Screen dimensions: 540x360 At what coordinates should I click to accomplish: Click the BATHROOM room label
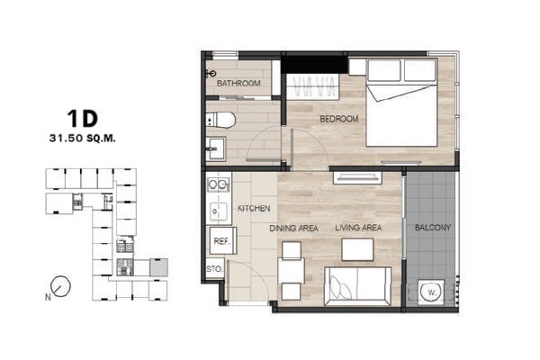point(238,83)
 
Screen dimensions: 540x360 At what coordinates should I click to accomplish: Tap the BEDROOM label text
point(339,119)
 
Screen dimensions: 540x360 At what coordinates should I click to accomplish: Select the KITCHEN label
point(254,209)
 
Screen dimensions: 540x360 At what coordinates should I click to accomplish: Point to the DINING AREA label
point(293,228)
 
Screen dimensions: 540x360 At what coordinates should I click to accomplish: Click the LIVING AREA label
point(358,228)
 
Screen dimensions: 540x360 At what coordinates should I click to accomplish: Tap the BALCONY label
point(433,228)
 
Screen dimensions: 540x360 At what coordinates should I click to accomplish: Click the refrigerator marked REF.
point(221,240)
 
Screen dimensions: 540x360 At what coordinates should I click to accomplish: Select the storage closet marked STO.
point(215,269)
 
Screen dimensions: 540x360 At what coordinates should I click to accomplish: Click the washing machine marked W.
point(431,292)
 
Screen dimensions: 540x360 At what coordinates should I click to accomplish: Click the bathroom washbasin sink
point(216,148)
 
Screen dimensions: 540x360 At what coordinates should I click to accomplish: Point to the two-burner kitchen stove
point(218,184)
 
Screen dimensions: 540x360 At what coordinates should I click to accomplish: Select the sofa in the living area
point(358,286)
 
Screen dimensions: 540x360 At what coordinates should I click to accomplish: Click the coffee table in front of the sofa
point(357,249)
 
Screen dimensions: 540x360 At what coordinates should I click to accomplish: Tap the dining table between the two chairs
point(292,271)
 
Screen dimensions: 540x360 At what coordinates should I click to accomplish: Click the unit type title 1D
point(83,118)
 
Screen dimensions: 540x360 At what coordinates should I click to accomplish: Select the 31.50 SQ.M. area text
point(82,139)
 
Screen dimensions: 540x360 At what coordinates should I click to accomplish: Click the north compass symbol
point(60,286)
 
